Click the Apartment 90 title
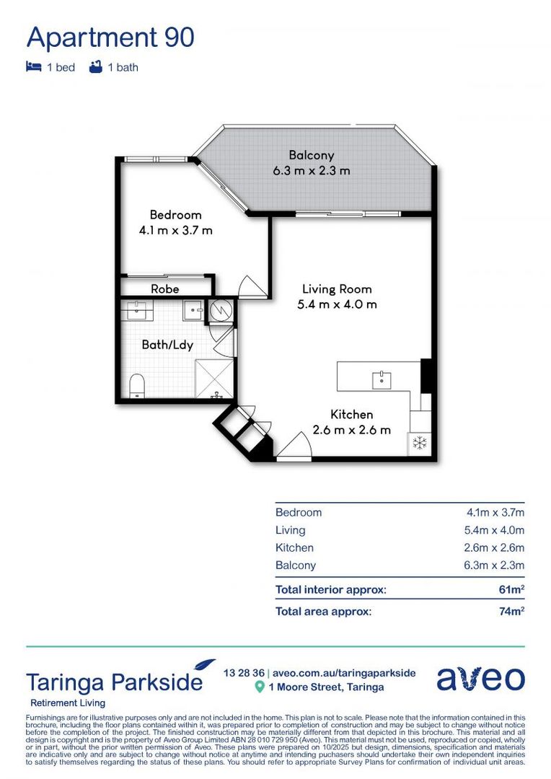coord(110,37)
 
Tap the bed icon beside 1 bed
coord(34,67)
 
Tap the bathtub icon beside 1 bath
coord(94,67)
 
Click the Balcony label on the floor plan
coord(311,155)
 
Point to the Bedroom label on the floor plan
coord(175,215)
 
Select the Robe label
coord(164,289)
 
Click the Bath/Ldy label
coord(167,345)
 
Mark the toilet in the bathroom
coord(136,386)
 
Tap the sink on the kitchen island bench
coord(377,378)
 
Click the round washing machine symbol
coord(221,311)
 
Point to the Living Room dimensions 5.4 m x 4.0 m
coord(337,304)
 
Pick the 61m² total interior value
coord(509,590)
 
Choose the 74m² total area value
coord(509,612)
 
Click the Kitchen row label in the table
coord(294,548)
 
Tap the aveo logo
coord(480,679)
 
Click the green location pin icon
coord(260,687)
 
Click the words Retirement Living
coord(68,703)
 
